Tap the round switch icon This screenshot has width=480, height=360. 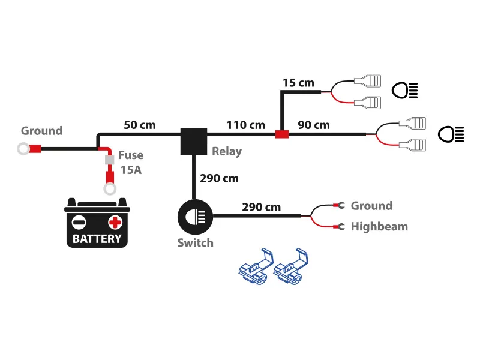point(194,215)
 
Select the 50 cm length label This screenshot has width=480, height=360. point(139,125)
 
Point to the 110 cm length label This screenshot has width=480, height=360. point(245,125)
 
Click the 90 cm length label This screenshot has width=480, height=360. point(314,125)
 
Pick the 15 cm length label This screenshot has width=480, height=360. point(298,82)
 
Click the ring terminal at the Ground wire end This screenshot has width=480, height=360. point(24,148)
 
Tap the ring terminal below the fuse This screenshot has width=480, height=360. point(110,190)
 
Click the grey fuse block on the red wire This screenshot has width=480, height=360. point(110,160)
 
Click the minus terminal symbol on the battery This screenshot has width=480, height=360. point(79,222)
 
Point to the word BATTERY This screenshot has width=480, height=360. point(97,239)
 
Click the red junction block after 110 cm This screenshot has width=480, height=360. point(281,134)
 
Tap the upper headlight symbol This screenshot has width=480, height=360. point(405,91)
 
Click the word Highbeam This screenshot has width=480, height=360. point(379,227)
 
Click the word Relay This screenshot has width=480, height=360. point(226,151)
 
